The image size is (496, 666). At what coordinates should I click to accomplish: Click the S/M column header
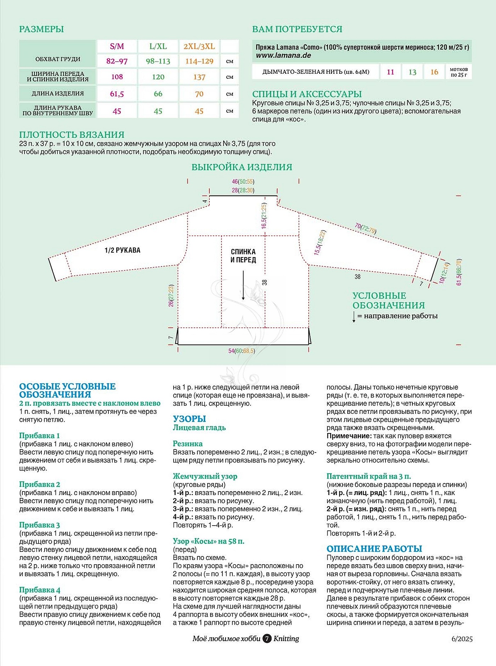point(117,46)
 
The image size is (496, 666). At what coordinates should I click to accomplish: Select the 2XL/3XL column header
point(199,46)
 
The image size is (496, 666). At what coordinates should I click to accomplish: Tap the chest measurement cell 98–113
point(158,61)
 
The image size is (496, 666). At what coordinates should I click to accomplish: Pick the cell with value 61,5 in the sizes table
point(117,94)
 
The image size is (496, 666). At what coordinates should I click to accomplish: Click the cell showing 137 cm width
point(199,77)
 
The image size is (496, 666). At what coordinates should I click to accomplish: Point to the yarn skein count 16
point(434,72)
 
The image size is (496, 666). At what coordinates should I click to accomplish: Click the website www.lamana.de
point(283,55)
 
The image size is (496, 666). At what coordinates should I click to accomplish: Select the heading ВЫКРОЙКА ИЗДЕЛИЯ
point(242,167)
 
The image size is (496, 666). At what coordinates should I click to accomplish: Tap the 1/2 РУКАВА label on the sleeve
point(123,250)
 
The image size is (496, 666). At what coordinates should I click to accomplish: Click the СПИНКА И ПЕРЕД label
point(243,256)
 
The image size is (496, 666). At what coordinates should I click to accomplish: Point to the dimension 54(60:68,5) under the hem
point(242,351)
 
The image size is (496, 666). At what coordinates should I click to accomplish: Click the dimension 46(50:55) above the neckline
point(243,182)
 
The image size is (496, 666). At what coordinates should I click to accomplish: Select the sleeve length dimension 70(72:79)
point(365,228)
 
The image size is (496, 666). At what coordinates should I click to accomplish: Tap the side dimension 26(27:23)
point(171,295)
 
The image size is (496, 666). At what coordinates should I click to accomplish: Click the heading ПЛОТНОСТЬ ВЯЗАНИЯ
point(72,135)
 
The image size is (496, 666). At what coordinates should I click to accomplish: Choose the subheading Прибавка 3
point(40,525)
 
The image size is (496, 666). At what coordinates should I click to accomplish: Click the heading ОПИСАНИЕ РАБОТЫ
point(374,549)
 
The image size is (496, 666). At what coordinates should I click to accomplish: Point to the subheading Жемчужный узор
point(205,476)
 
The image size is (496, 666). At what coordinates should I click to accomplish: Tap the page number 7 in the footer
point(267,639)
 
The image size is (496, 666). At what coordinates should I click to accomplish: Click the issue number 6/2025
point(462,639)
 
